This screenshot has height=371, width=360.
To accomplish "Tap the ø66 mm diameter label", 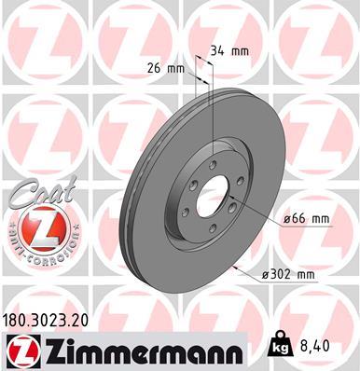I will click(x=307, y=219).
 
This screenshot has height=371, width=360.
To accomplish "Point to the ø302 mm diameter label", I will click(x=290, y=275).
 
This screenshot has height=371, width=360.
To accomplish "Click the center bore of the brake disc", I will click(x=214, y=192).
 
